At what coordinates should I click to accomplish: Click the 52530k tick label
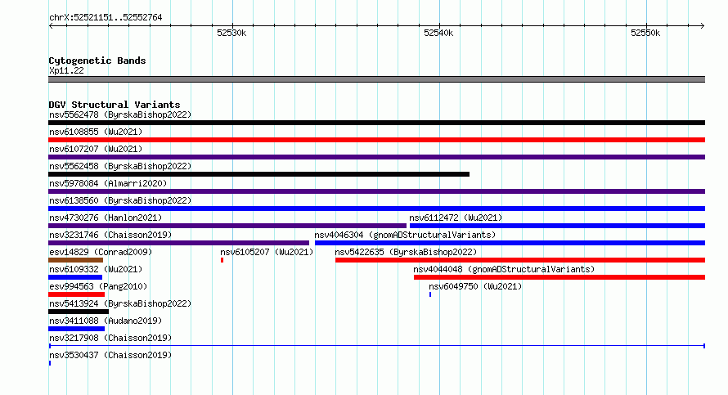(x=231, y=33)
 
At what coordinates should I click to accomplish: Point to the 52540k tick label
(x=438, y=33)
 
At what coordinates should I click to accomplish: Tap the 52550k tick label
(x=645, y=33)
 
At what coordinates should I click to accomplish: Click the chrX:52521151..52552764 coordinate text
(x=106, y=18)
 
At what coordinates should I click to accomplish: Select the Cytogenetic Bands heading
(x=97, y=61)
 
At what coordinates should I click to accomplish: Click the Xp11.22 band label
(x=66, y=70)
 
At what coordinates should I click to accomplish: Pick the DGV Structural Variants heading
(x=115, y=105)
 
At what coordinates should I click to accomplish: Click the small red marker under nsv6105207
(x=222, y=260)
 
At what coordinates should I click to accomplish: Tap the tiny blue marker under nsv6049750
(x=430, y=294)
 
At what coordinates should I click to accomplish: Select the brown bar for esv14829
(x=76, y=260)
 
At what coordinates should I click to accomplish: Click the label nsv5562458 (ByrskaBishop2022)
(x=120, y=166)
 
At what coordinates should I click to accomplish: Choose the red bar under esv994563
(x=77, y=294)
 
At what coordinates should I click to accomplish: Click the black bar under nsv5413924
(x=79, y=312)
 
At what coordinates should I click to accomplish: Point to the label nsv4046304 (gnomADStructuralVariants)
(x=405, y=235)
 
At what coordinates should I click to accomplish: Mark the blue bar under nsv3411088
(x=77, y=329)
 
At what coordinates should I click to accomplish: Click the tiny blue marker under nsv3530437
(x=50, y=363)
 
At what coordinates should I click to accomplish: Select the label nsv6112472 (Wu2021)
(x=456, y=218)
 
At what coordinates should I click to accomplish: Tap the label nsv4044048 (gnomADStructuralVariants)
(x=504, y=269)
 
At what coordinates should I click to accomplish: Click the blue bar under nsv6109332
(x=75, y=277)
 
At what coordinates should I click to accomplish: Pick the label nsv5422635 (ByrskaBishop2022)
(x=406, y=252)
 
